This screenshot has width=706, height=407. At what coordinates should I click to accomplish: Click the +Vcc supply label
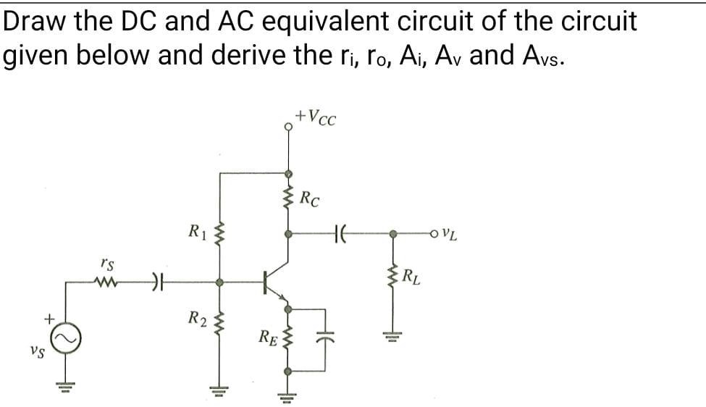click(x=317, y=116)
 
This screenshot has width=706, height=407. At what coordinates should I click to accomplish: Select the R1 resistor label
click(x=197, y=232)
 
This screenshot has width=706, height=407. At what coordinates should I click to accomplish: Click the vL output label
click(x=450, y=234)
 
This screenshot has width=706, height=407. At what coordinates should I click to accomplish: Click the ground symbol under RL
click(x=394, y=335)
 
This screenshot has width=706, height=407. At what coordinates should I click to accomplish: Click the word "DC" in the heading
click(x=138, y=22)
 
